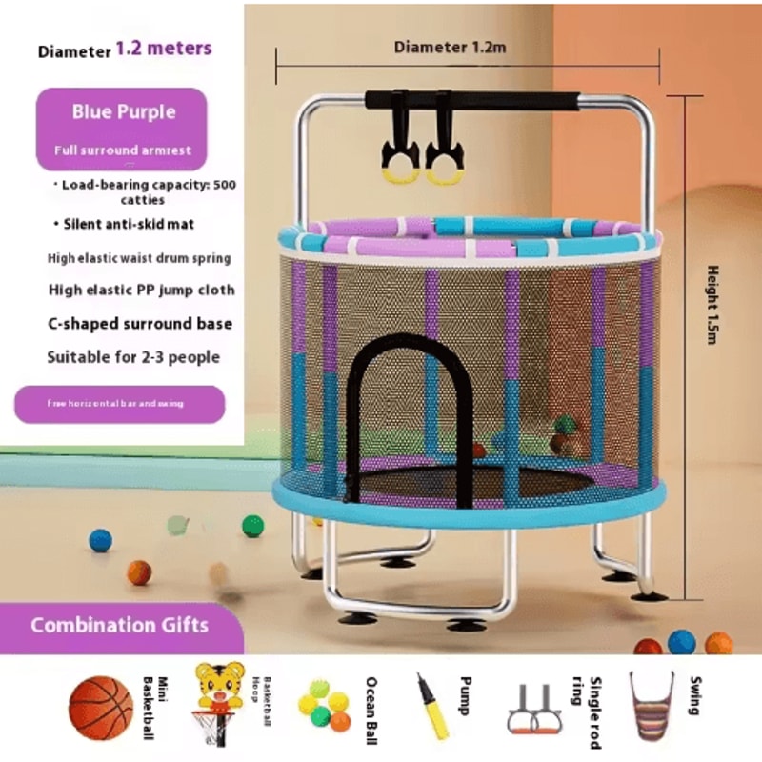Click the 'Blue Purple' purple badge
[x=124, y=112]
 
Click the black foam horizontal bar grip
[x=471, y=101]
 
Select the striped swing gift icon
[x=652, y=706]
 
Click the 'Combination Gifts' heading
[x=119, y=626]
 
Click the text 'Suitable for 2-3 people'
[x=133, y=358]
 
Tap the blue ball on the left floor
[x=100, y=541]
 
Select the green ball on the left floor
[x=252, y=526]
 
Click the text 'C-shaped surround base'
[x=140, y=324]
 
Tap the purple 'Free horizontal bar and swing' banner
[x=119, y=404]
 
